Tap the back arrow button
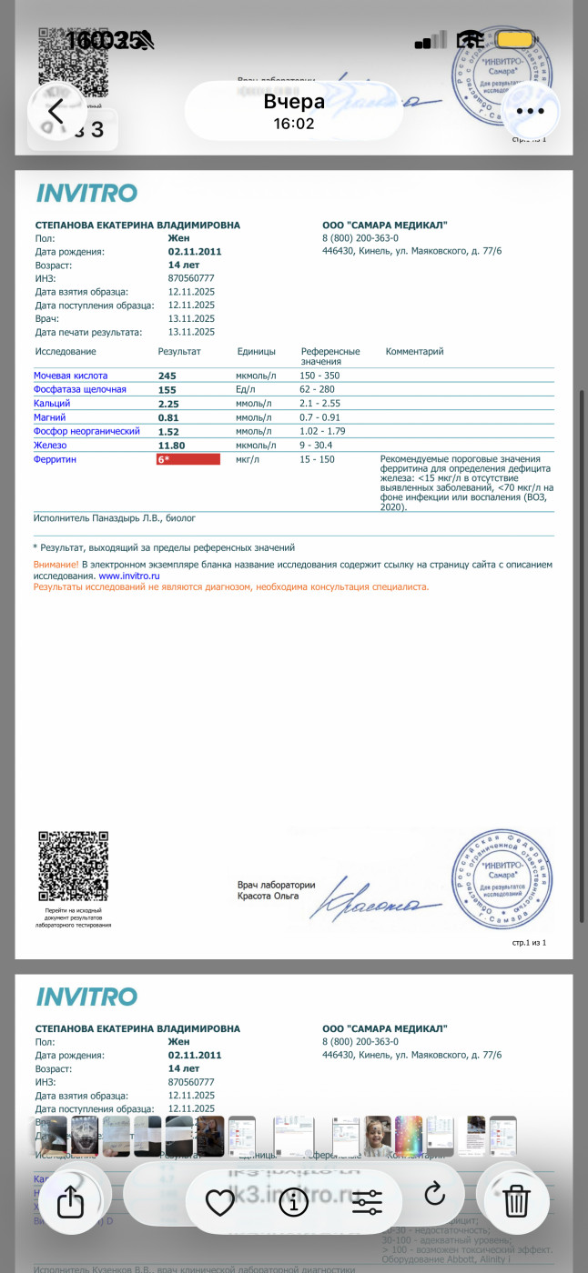56,112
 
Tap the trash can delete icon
516,1201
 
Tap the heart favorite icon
220,1202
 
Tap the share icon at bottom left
70,1202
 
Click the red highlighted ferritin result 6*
188,459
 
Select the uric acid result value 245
167,376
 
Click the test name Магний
49,417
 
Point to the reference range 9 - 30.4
316,446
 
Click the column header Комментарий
414,351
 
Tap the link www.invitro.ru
123,576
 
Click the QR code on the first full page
73,865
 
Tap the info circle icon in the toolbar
293,1202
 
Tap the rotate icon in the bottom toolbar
435,1193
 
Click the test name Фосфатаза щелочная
80,389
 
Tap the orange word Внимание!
56,565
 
